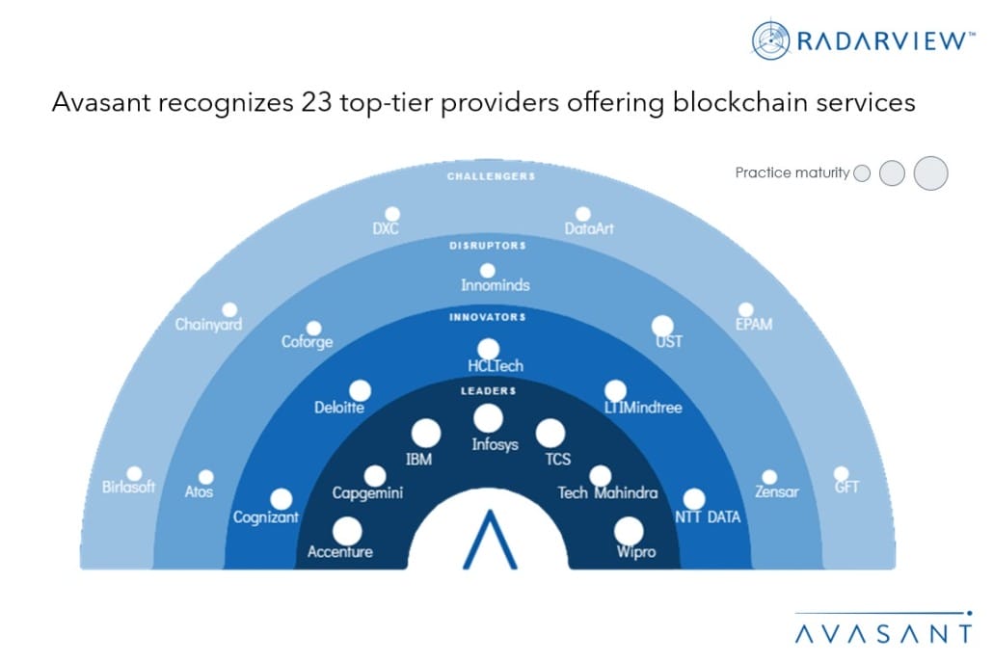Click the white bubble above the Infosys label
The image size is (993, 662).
488,418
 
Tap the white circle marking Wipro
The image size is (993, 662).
629,531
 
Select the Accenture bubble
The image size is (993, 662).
346,531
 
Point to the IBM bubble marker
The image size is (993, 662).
425,434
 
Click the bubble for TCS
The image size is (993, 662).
550,434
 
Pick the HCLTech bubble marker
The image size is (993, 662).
489,349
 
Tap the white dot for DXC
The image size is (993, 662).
392,214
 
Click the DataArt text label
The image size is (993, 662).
589,229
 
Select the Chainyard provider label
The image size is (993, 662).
208,325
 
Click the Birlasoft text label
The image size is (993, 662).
128,487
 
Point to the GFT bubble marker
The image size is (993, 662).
842,473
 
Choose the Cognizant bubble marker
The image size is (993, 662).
281,499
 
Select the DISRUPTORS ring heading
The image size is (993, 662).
488,246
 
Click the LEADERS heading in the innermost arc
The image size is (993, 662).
488,390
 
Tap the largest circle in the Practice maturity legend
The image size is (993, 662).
930,172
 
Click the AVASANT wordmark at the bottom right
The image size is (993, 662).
883,633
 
